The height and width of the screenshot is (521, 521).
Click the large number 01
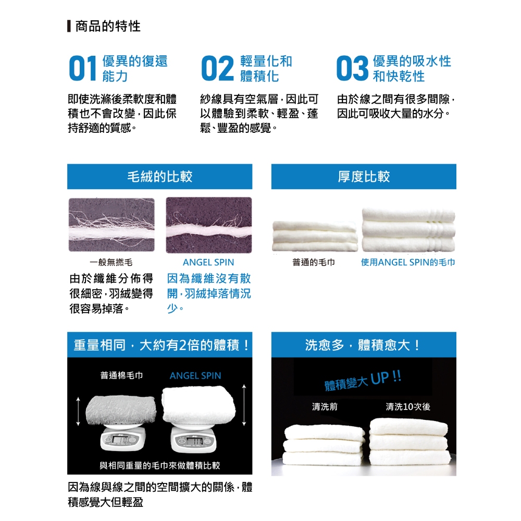pyautogui.click(x=83, y=68)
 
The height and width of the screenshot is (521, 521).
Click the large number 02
pyautogui.click(x=218, y=68)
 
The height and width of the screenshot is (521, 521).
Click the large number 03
pyautogui.click(x=353, y=68)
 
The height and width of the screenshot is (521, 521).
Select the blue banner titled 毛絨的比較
pyautogui.click(x=159, y=177)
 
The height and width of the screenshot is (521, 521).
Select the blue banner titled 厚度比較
pyautogui.click(x=364, y=177)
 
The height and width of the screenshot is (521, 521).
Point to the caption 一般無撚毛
pyautogui.click(x=111, y=263)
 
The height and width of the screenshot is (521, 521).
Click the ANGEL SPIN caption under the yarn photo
pyautogui.click(x=208, y=263)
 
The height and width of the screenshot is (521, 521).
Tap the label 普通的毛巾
pyautogui.click(x=313, y=263)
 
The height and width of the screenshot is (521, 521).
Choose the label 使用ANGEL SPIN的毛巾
pyautogui.click(x=408, y=263)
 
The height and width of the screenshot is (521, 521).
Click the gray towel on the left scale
pyautogui.click(x=121, y=411)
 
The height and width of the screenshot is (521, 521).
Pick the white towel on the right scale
pyautogui.click(x=199, y=405)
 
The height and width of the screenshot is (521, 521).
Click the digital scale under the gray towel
pyautogui.click(x=123, y=438)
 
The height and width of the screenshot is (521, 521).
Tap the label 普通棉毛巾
pyautogui.click(x=121, y=376)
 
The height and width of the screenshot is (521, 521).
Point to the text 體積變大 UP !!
pyautogui.click(x=363, y=381)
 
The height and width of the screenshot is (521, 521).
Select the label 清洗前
pyautogui.click(x=325, y=407)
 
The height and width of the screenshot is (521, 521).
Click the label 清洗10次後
pyautogui.click(x=408, y=407)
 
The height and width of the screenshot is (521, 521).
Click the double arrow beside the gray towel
pyautogui.click(x=78, y=412)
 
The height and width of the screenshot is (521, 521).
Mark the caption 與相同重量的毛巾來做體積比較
pyautogui.click(x=160, y=465)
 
